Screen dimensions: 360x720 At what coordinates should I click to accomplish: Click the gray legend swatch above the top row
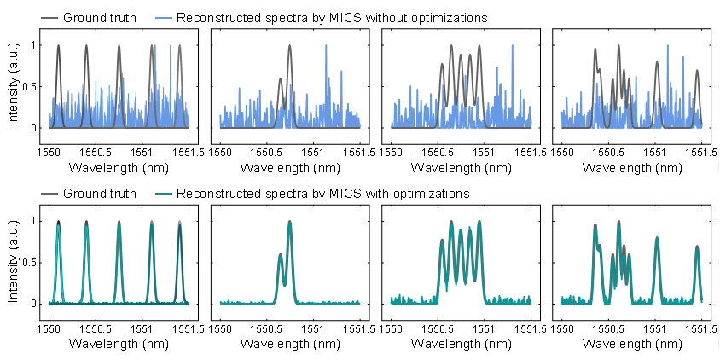tap(49, 17)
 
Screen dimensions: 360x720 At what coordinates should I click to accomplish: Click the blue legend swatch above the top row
tap(164, 17)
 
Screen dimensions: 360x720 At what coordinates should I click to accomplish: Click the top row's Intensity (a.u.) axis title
tap(14, 85)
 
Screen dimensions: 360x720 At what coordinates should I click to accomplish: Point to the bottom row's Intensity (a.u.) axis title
tap(14, 261)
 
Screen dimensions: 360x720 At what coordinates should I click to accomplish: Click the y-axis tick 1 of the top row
tap(35, 45)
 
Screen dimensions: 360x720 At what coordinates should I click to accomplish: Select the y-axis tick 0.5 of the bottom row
tap(32, 262)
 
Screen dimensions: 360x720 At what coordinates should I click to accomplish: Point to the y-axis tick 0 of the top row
tap(35, 128)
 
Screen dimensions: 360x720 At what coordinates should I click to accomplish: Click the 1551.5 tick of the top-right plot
tap(701, 150)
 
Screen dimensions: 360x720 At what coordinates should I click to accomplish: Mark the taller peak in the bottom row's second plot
tap(290, 223)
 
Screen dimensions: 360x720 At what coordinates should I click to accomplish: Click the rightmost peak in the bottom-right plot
tap(697, 248)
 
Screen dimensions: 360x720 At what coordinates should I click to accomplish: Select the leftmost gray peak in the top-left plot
tap(58, 46)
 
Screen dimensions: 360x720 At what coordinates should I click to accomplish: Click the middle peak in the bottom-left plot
tap(119, 223)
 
